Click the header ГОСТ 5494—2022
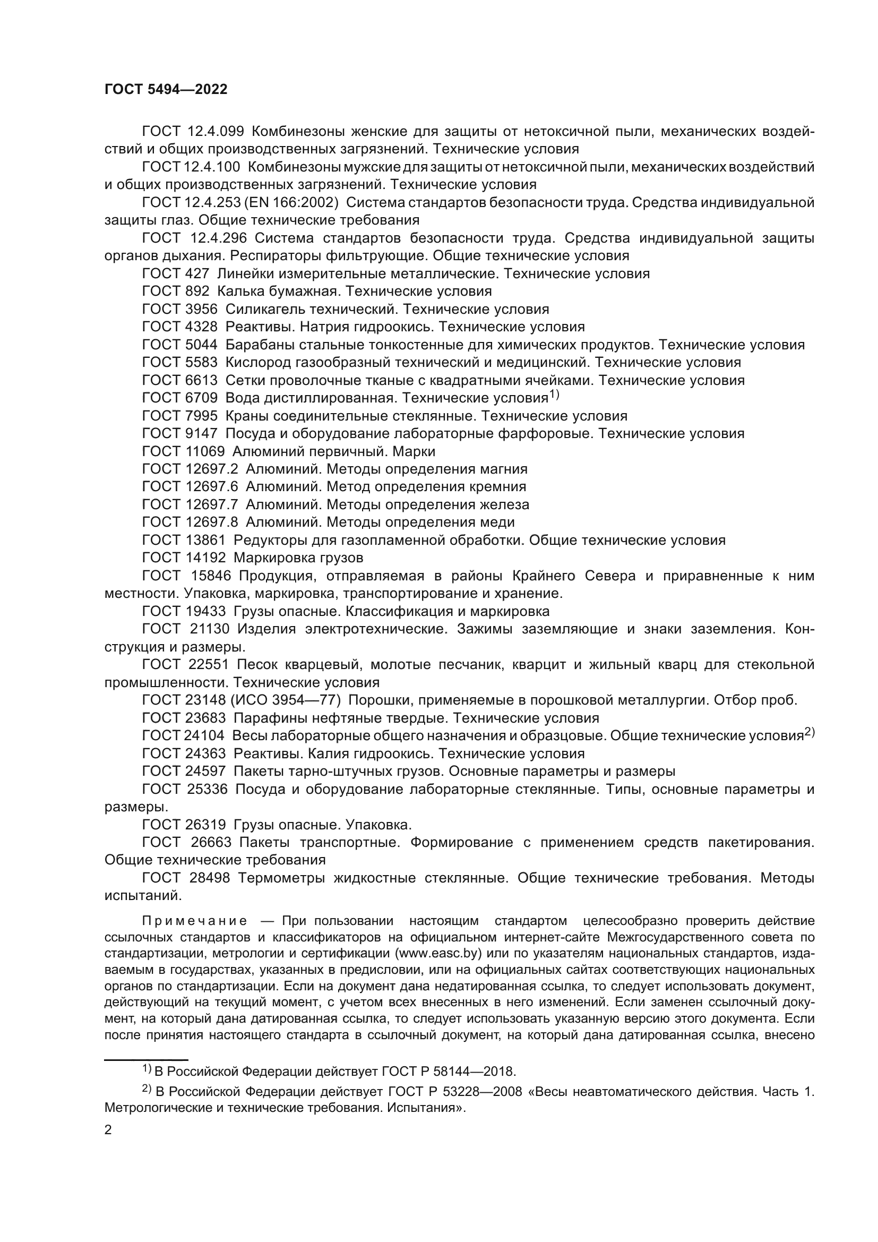tap(166, 90)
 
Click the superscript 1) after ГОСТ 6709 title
tap(554, 396)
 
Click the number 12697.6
tap(211, 487)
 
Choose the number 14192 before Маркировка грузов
tap(206, 558)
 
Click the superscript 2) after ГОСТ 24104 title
tap(810, 733)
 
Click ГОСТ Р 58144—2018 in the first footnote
tap(448, 1072)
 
